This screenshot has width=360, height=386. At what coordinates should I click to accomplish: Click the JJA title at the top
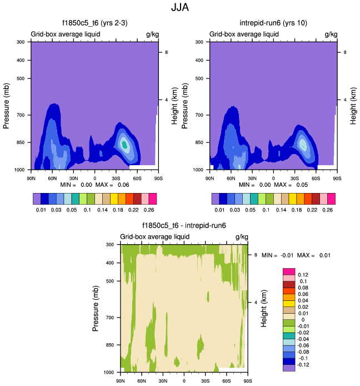[x=179, y=8]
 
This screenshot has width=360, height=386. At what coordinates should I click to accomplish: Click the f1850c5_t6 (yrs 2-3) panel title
[x=94, y=23]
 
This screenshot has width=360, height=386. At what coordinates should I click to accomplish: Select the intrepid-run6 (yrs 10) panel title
[x=273, y=23]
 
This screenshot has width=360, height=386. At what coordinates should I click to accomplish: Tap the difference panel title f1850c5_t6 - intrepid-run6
[x=184, y=226]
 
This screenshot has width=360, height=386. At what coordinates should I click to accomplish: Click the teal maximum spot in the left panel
[x=125, y=145]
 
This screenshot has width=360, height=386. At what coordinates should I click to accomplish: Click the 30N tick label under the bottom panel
[x=163, y=381]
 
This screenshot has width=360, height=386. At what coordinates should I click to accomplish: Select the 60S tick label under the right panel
[x=316, y=178]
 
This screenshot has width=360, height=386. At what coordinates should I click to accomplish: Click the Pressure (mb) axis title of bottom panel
[x=97, y=307]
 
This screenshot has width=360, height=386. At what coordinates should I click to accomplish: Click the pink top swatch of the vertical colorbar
[x=288, y=271]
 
